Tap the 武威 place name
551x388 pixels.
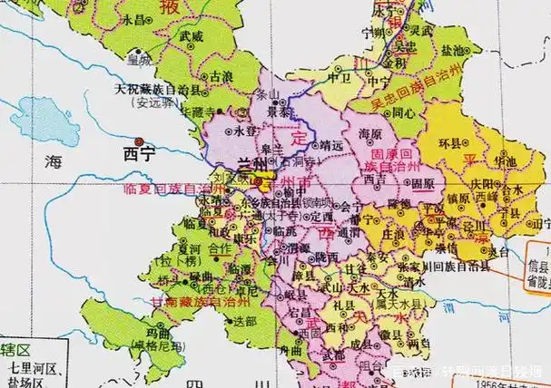tap(192, 36)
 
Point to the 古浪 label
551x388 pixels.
tap(221, 79)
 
